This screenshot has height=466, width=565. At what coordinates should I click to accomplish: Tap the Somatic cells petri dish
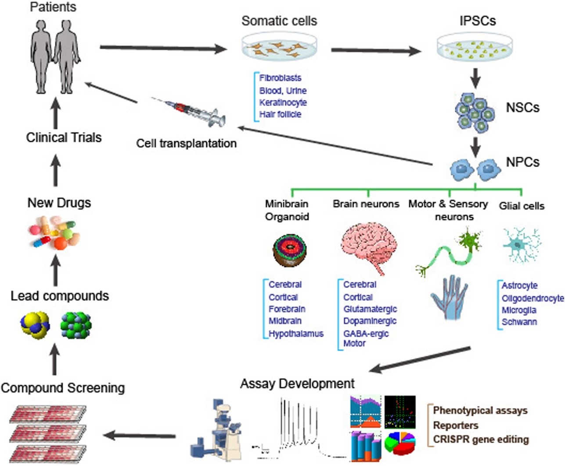(279, 47)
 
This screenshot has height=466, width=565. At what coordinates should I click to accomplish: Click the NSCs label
(522, 108)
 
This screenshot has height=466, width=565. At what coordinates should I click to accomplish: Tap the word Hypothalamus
(296, 334)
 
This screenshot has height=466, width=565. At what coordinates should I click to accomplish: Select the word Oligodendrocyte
(533, 298)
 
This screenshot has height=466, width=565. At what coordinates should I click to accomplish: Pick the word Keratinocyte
(283, 102)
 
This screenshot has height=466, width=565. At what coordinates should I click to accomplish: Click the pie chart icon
(400, 444)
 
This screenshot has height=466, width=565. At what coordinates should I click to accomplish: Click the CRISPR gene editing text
(481, 439)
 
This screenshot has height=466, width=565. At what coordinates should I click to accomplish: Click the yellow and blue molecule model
(35, 324)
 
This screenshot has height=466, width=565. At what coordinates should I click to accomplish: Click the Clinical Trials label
(64, 137)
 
